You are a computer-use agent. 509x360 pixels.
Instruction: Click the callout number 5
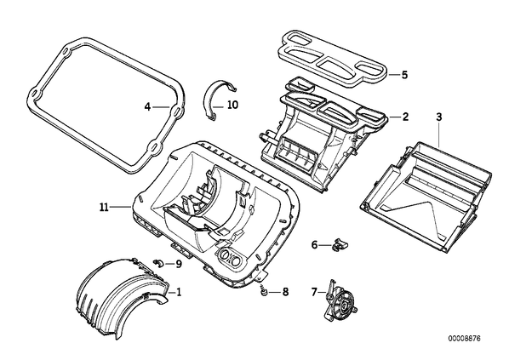404,75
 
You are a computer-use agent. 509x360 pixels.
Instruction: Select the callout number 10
232,105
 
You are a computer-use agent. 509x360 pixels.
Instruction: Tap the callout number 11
104,207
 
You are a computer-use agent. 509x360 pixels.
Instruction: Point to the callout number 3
439,117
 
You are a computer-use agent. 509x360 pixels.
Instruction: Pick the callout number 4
148,106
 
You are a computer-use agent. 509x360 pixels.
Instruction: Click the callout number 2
405,117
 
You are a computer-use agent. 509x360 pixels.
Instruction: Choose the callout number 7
313,292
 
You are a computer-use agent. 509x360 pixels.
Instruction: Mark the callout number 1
178,292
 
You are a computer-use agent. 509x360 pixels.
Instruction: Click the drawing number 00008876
464,338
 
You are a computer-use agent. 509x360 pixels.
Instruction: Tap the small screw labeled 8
264,293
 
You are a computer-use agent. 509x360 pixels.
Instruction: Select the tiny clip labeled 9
158,263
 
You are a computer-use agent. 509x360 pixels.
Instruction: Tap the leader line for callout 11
120,207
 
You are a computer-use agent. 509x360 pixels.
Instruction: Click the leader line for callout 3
439,134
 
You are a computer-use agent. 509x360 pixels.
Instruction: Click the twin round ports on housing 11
230,258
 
